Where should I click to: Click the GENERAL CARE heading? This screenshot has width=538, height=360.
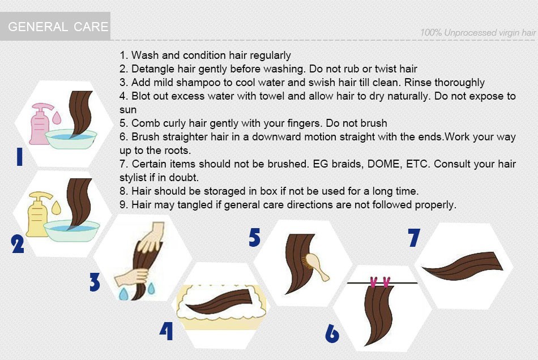click(58, 27)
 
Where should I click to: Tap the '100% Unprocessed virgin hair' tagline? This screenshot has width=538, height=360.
click(478, 33)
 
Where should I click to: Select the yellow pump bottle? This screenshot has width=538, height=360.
click(38, 214)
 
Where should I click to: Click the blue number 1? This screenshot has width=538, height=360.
click(20, 157)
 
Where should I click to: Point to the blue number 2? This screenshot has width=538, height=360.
click(18, 244)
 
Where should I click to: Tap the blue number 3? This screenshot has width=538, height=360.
click(95, 282)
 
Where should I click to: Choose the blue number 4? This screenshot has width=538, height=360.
click(166, 331)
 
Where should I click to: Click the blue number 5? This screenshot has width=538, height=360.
click(255, 238)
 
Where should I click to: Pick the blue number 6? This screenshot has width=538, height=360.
click(332, 333)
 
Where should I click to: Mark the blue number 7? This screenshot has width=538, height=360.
click(414, 238)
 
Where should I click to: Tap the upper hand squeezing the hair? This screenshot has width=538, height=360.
click(151, 237)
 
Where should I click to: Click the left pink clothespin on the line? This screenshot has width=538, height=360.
click(374, 282)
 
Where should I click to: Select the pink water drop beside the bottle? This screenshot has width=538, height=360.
click(57, 117)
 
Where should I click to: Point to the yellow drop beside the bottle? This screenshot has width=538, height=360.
click(56, 207)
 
